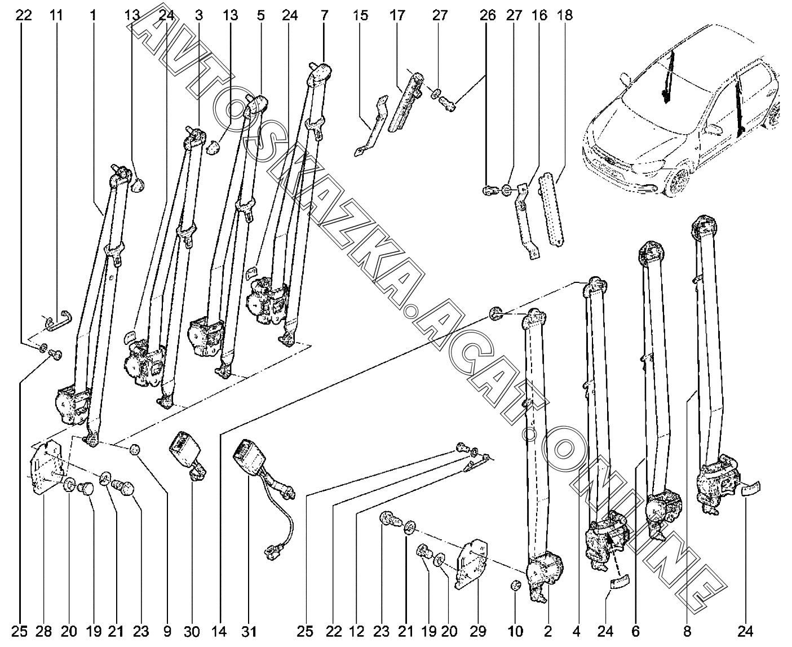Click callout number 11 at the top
pos(55,15)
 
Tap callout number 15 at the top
pos(360,15)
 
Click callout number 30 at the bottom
pos(192,631)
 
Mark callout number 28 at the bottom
pos(44,631)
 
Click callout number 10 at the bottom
pos(516,631)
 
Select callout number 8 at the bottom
pos(688,631)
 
